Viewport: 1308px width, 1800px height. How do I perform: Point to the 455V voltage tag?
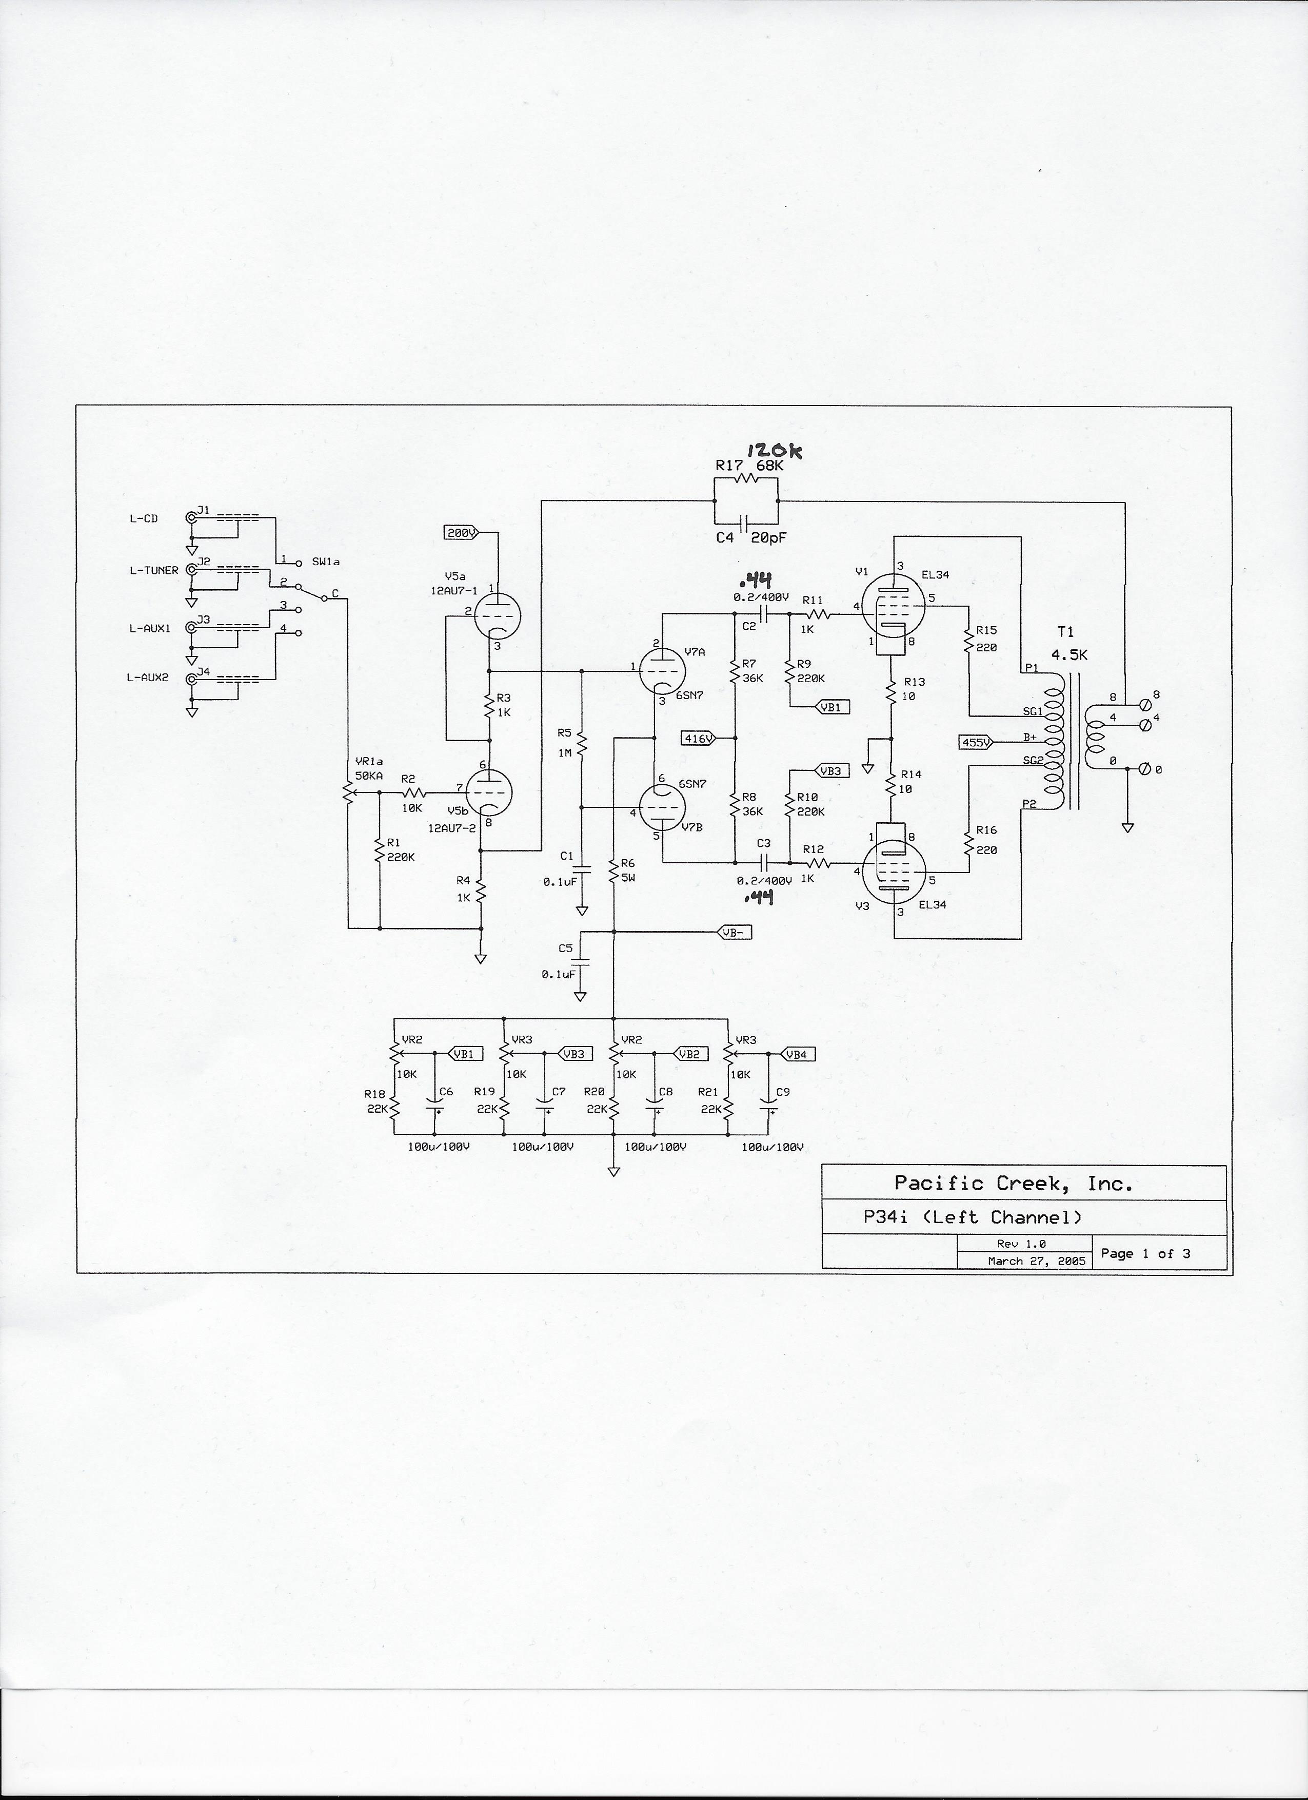click(976, 742)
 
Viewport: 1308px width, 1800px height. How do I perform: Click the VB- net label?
click(734, 933)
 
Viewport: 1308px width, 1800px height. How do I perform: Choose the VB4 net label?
click(797, 1054)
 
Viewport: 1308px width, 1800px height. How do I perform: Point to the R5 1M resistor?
click(582, 744)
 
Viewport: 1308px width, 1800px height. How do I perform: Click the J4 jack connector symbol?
click(191, 680)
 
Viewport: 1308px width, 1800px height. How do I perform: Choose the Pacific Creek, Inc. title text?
click(1013, 1184)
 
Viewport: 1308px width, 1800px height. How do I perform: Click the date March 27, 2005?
click(1036, 1261)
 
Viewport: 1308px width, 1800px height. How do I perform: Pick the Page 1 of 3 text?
click(1144, 1253)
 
